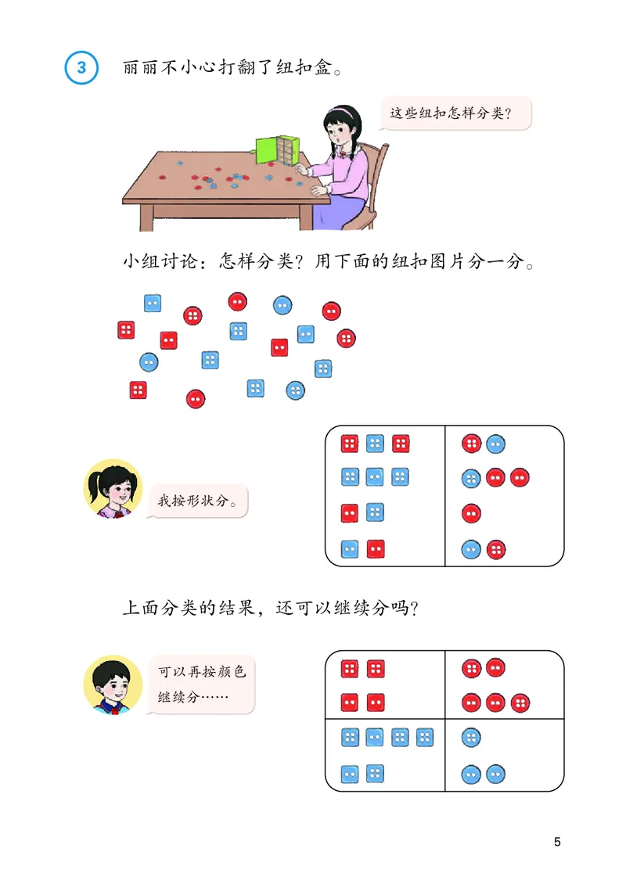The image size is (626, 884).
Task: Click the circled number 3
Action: pyautogui.click(x=81, y=66)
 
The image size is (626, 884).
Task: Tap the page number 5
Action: pyautogui.click(x=557, y=843)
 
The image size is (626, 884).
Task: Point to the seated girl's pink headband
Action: pyautogui.click(x=344, y=110)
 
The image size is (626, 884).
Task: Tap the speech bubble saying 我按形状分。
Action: pyautogui.click(x=198, y=499)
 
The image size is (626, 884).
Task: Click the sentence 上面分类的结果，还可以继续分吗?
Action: pyautogui.click(x=271, y=607)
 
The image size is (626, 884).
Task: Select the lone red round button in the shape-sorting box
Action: pyautogui.click(x=471, y=513)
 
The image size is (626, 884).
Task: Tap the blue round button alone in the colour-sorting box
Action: pyautogui.click(x=471, y=737)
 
